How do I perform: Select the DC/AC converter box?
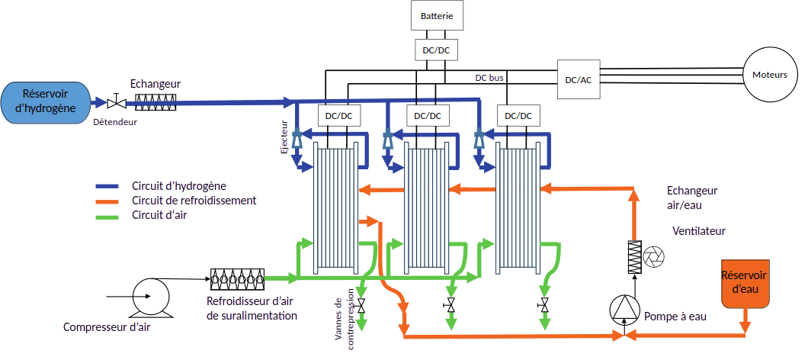pos(578,79)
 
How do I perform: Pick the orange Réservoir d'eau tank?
pos(744,284)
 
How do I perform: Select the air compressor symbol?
pos(149,297)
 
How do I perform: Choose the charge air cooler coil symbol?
pos(237,279)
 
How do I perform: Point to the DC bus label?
pos(489,78)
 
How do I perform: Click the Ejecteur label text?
pos(284,137)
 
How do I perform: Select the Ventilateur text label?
pos(698,231)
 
